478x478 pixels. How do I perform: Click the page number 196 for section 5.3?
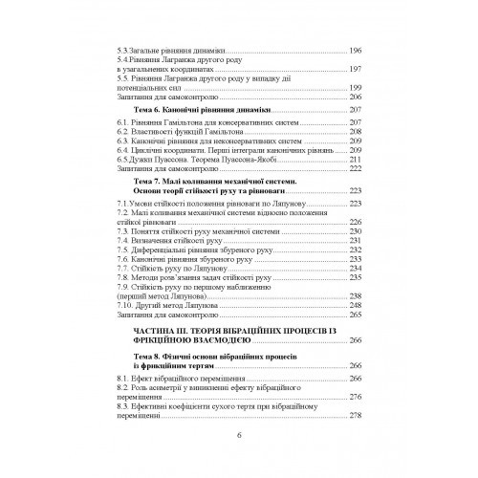coord(355,50)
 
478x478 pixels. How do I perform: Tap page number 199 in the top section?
coord(355,87)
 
